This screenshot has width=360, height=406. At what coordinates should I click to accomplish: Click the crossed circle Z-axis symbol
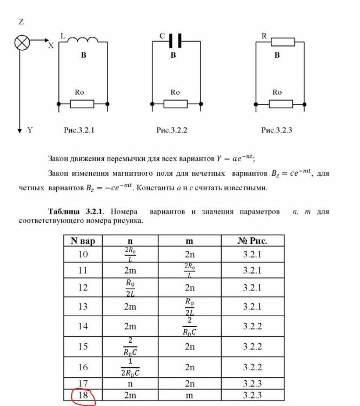(x=22, y=42)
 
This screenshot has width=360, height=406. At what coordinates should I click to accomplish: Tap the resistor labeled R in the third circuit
(x=282, y=42)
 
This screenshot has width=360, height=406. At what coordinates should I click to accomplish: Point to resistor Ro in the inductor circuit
(x=82, y=103)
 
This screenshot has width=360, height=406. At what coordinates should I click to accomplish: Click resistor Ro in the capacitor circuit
(x=176, y=103)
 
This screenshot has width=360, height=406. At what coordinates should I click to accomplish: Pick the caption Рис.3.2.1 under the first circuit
(x=79, y=130)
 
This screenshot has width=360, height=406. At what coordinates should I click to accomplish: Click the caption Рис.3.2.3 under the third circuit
(x=277, y=130)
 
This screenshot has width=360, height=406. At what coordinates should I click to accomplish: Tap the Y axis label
(x=30, y=130)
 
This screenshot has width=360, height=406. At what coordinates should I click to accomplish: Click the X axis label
(x=51, y=46)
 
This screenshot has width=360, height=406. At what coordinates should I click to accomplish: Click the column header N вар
(x=83, y=241)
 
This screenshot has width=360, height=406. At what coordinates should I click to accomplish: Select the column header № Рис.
(x=252, y=241)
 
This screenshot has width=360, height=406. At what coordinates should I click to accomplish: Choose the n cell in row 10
(x=130, y=254)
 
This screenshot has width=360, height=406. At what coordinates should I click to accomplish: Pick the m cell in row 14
(x=190, y=326)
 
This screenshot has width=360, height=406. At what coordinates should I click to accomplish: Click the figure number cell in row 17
(x=252, y=383)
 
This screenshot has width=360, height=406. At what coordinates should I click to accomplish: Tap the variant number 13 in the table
(x=83, y=306)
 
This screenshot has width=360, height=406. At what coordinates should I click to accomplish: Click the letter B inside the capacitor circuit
(x=174, y=55)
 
